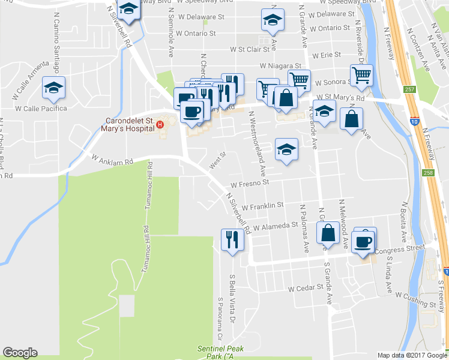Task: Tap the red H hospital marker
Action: click(x=160, y=125)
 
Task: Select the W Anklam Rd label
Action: click(x=110, y=159)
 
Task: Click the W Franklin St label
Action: click(x=262, y=205)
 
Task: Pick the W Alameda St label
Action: click(x=276, y=226)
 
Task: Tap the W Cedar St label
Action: click(x=306, y=288)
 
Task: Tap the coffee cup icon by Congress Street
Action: click(x=364, y=242)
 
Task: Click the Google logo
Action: click(x=20, y=353)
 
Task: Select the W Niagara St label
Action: click(x=280, y=65)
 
